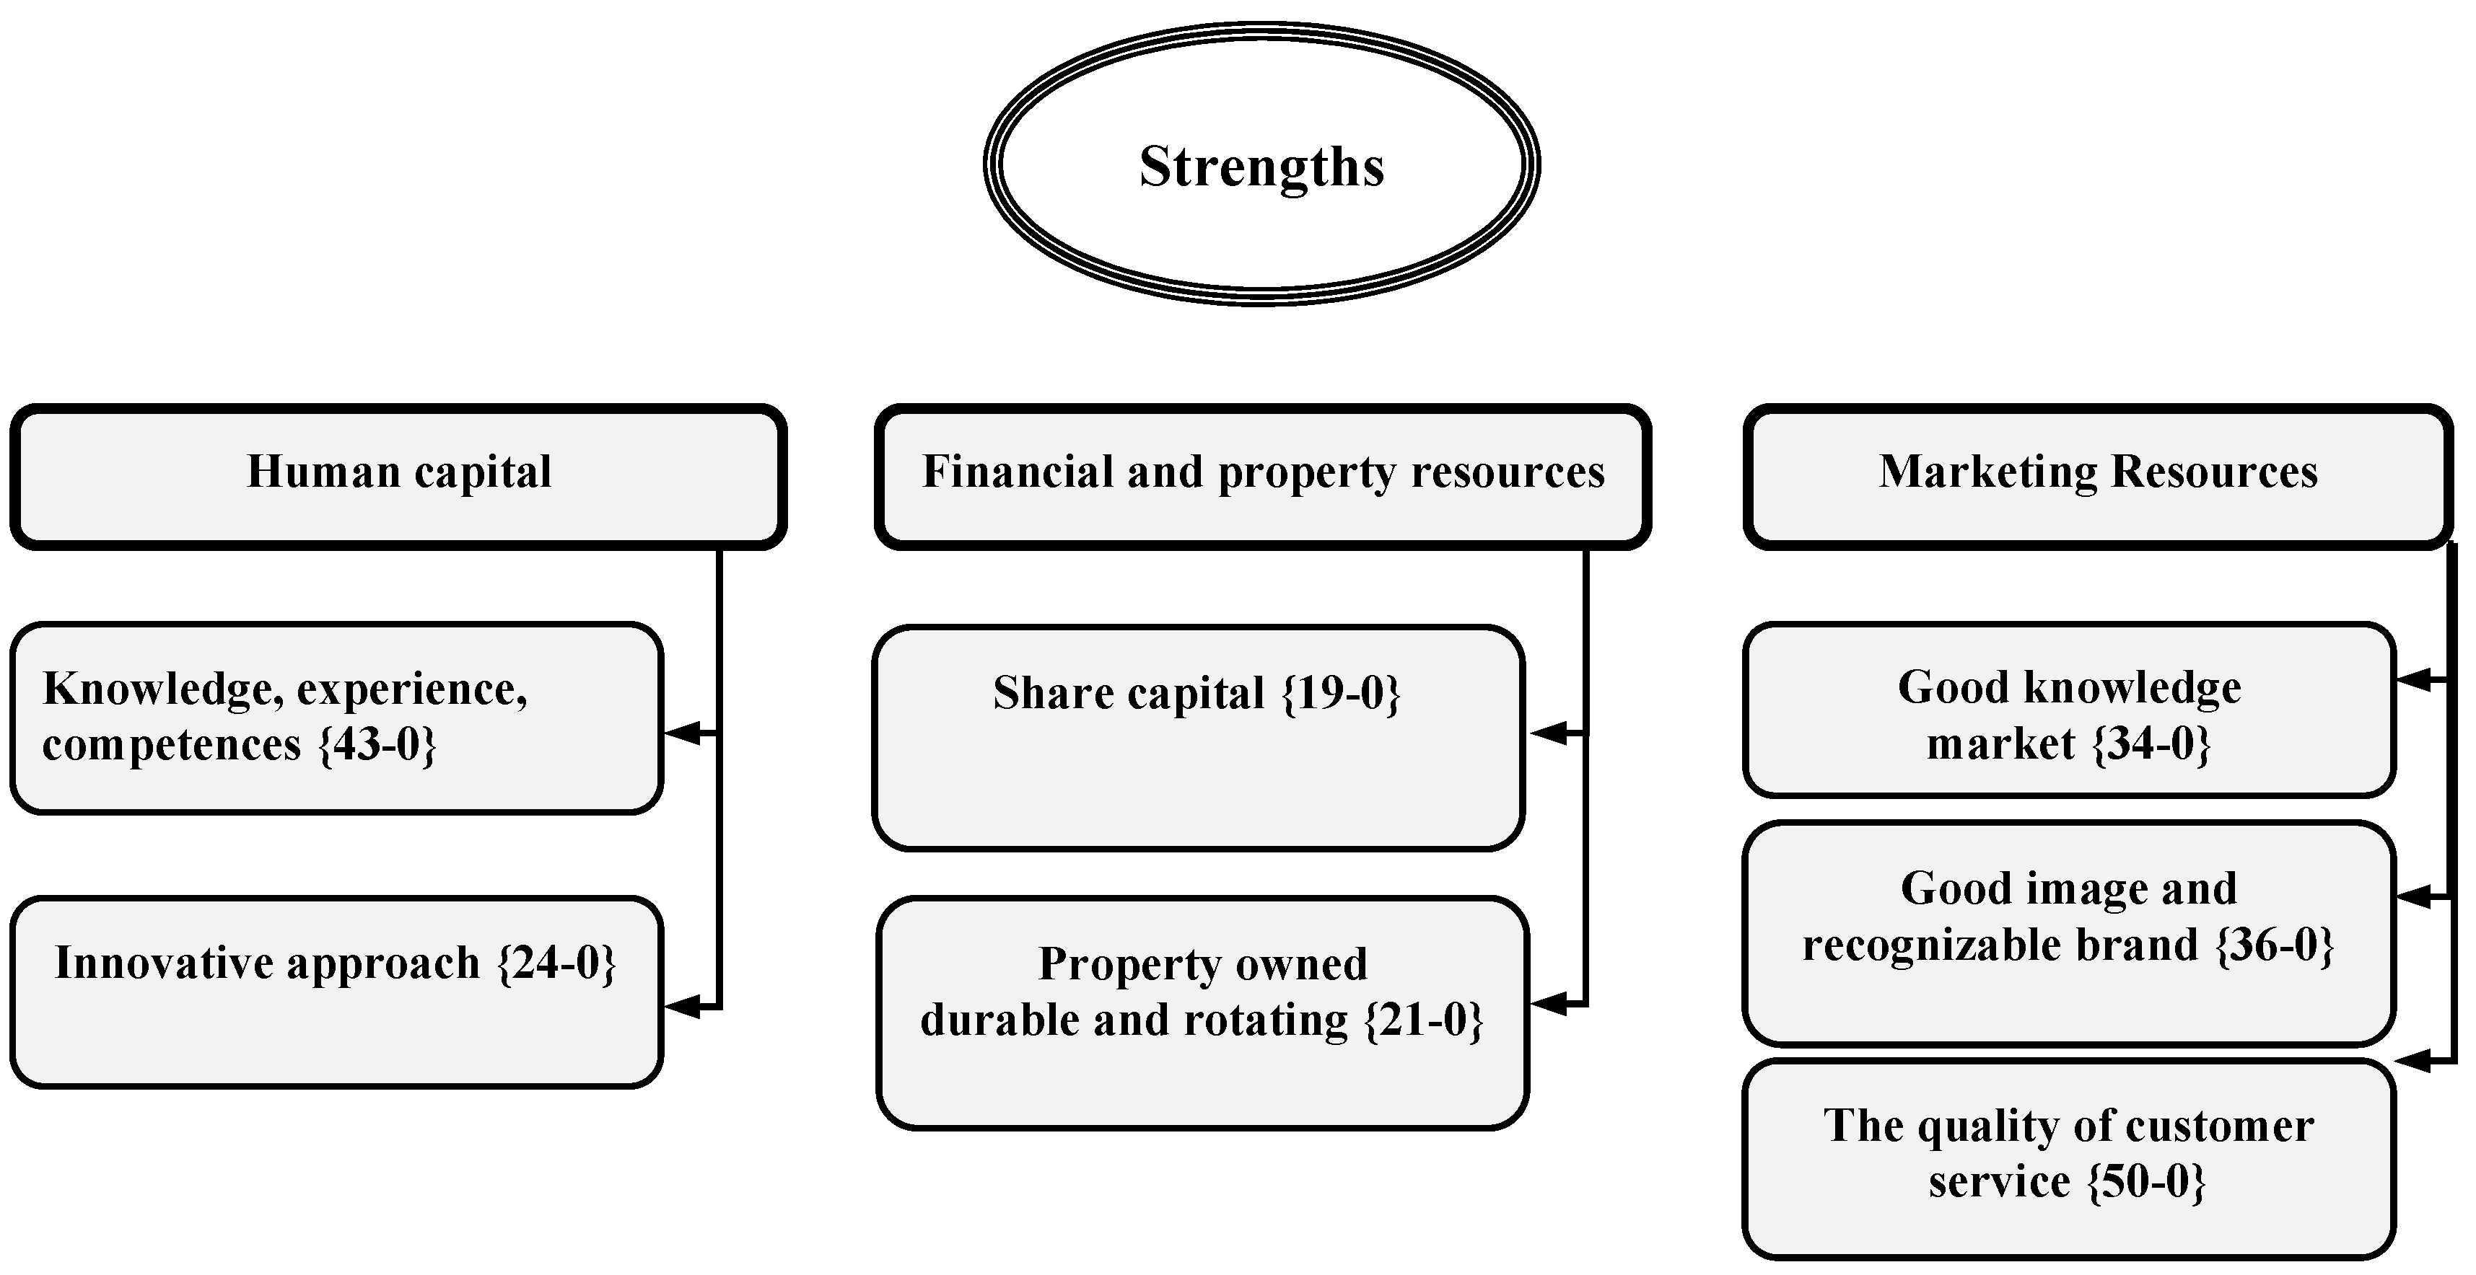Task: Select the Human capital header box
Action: click(x=399, y=476)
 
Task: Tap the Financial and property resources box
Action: click(x=1263, y=476)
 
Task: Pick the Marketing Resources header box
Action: click(x=2097, y=476)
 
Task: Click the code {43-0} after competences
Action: click(x=377, y=746)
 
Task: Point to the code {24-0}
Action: click(x=556, y=963)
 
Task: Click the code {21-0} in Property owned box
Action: click(x=1425, y=1020)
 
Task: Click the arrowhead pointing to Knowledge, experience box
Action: click(x=684, y=733)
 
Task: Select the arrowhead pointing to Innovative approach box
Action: click(x=684, y=1007)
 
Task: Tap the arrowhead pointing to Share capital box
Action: click(x=1549, y=733)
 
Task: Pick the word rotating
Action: click(x=1265, y=1020)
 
